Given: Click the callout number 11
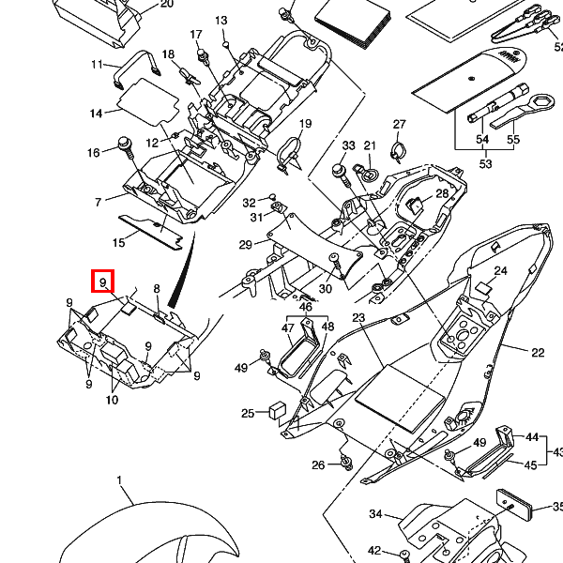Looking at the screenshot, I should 97,65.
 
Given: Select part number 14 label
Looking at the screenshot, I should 96,114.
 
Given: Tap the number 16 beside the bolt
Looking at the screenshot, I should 93,153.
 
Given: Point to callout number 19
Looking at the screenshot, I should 305,125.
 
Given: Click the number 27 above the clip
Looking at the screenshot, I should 399,125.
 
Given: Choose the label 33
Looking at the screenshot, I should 348,145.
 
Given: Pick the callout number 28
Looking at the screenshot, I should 442,194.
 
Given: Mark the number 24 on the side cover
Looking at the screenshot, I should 500,271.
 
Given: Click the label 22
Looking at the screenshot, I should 537,353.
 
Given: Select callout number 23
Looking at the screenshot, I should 358,318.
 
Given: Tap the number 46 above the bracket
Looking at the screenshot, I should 305,307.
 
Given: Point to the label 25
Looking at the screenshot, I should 248,413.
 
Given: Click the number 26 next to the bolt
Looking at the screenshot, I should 318,465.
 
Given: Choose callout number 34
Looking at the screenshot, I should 375,514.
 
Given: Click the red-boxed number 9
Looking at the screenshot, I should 101,281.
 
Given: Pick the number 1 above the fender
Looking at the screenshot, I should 120,480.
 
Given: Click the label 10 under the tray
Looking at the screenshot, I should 112,401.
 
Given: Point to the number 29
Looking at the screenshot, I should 245,245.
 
